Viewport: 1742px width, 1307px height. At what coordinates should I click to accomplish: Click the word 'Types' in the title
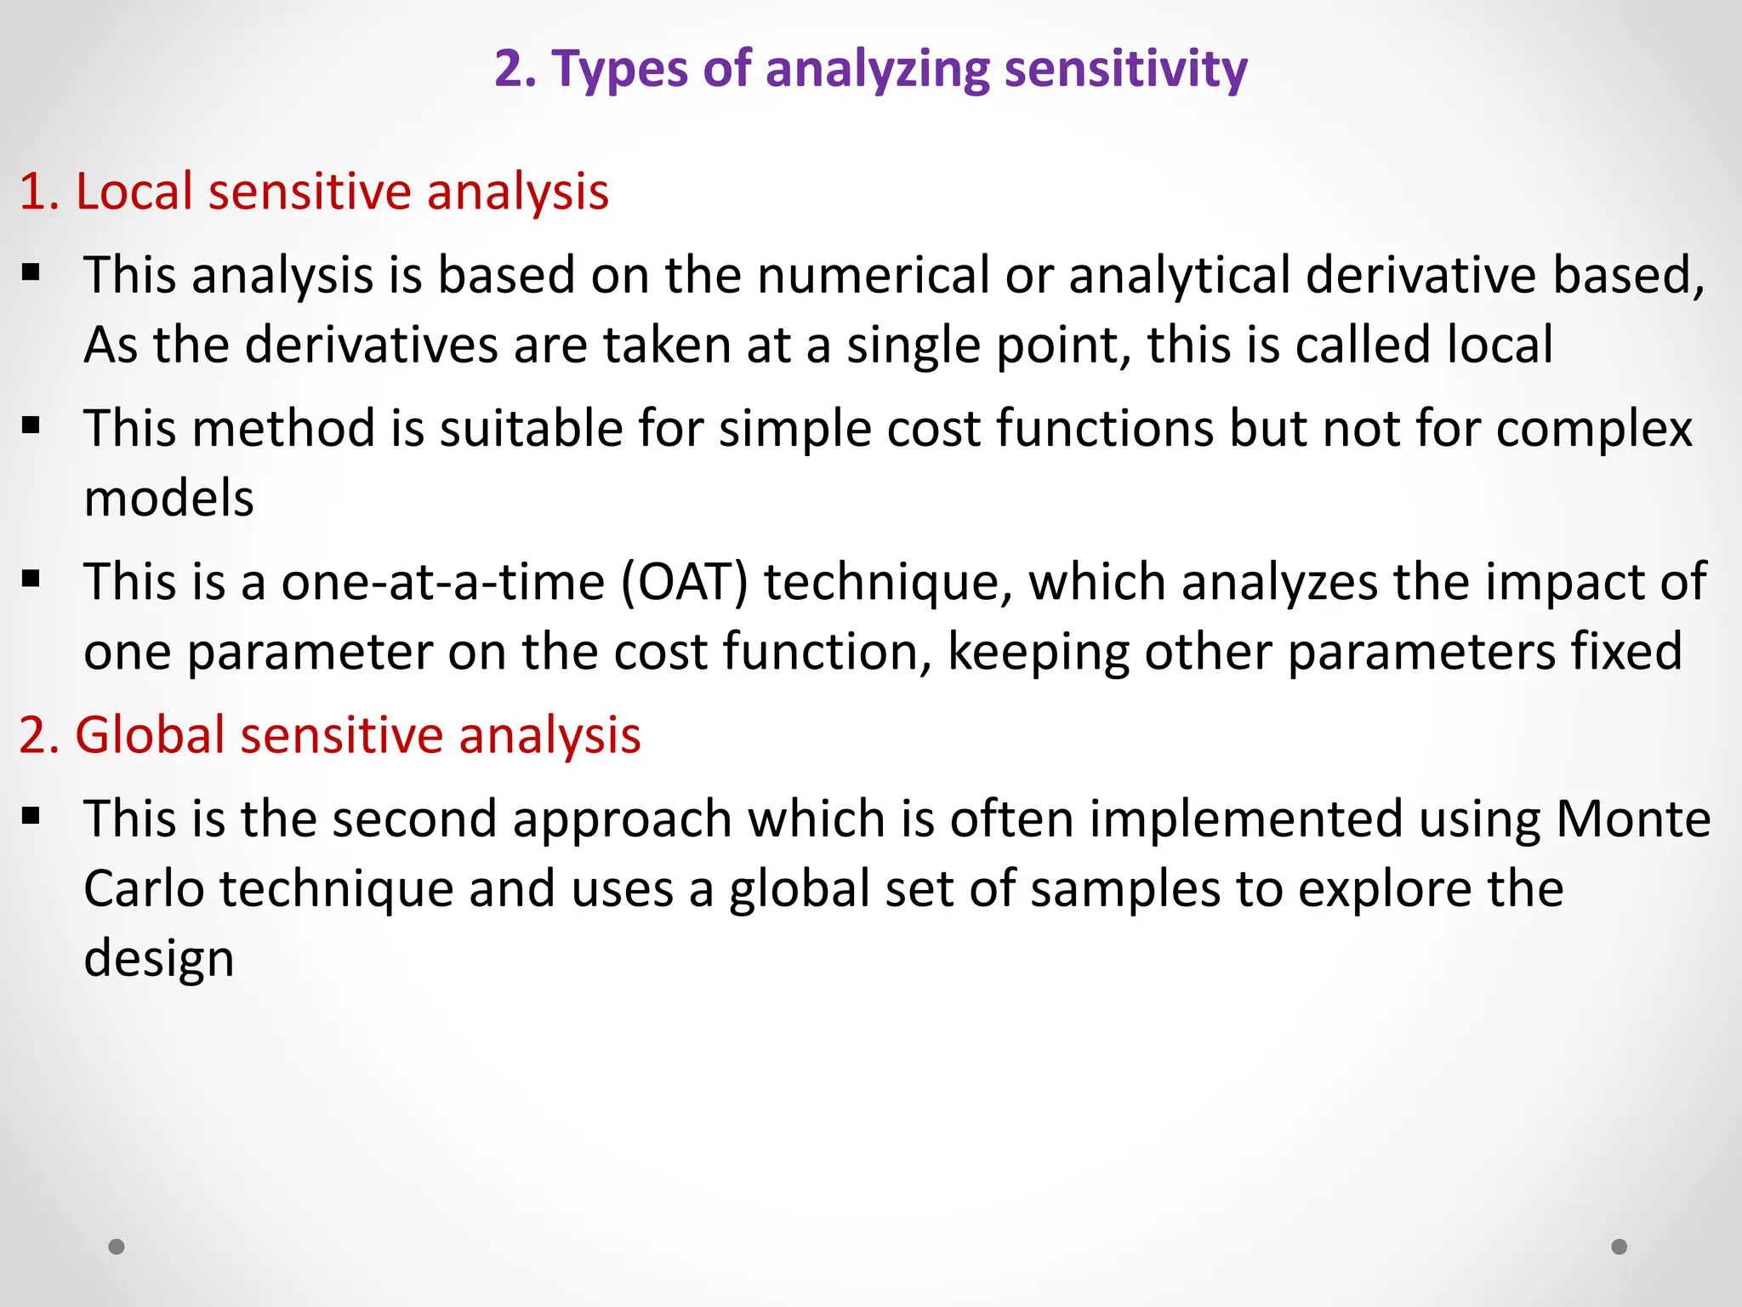620,70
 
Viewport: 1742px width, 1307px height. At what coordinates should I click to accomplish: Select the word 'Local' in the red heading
135,191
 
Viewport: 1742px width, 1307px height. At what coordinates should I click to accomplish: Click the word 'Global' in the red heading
150,734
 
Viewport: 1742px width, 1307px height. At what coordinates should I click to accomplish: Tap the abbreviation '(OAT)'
685,582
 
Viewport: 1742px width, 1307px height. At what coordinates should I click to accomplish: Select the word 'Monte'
1633,819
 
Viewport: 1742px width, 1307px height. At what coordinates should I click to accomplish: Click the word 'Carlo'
144,889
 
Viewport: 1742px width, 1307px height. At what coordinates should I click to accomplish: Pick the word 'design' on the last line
158,959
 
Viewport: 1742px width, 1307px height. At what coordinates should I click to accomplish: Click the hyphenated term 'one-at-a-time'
443,582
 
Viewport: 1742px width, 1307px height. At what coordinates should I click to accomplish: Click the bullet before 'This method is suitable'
31,425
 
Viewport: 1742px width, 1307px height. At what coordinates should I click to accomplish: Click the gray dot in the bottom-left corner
117,1247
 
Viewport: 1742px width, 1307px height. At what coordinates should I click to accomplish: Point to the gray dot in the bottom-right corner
1620,1247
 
